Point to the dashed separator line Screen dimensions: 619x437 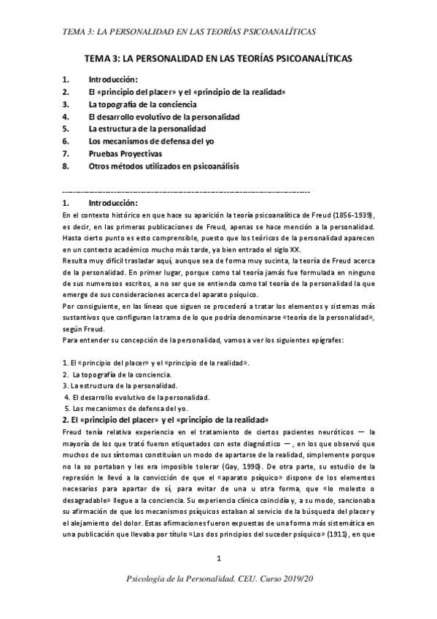[x=186, y=191]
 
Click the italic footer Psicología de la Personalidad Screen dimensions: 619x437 [x=218, y=600]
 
